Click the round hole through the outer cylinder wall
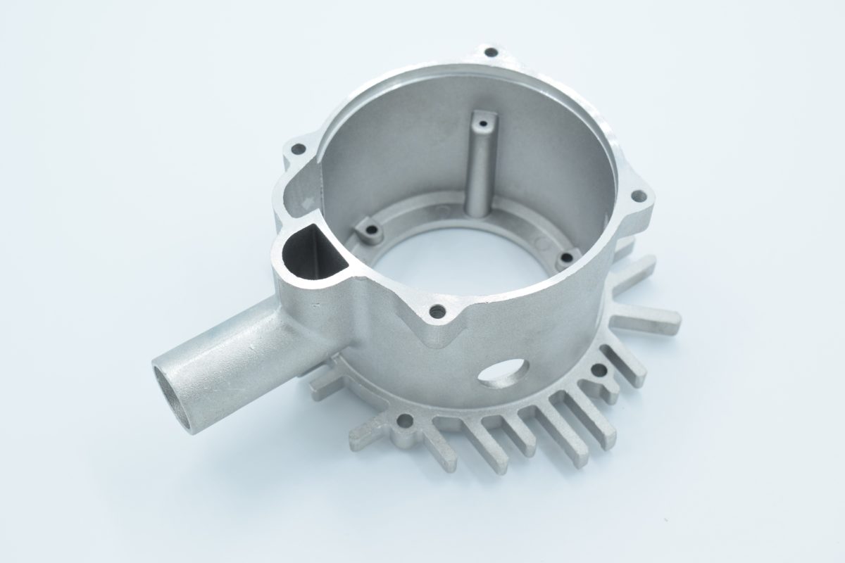pos(504,372)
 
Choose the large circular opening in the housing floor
pos(458,253)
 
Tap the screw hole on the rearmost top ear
pos(492,52)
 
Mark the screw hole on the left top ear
pos(299,148)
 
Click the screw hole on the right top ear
pos(638,197)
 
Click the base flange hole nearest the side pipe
pos(405,422)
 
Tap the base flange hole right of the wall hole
pos(599,369)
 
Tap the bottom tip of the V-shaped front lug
pos(438,343)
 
